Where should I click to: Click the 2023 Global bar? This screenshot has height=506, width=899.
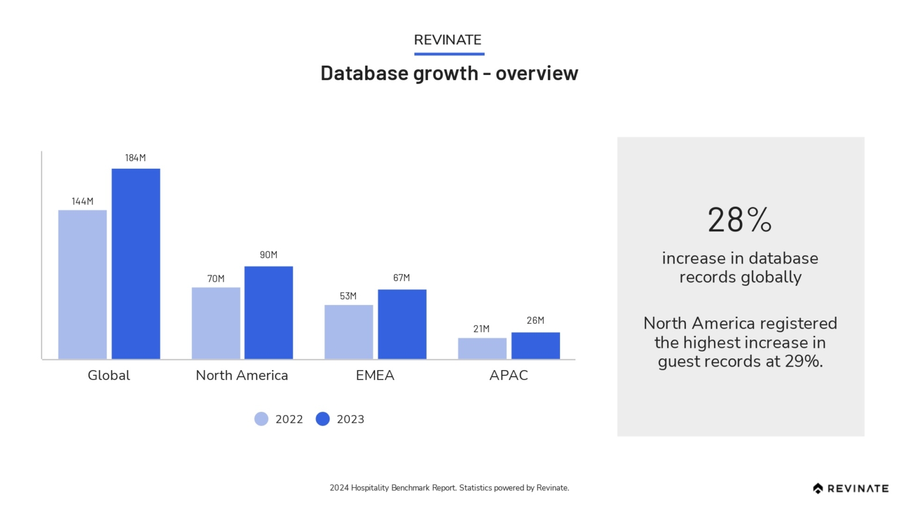pyautogui.click(x=136, y=264)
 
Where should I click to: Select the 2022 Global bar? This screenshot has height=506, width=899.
pyautogui.click(x=83, y=285)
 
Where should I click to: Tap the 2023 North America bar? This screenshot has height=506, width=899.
pyautogui.click(x=269, y=313)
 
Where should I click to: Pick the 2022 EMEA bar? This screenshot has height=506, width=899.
pyautogui.click(x=349, y=332)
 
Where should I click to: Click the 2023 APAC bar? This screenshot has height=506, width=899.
pyautogui.click(x=536, y=346)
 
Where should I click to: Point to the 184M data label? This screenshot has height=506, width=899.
pyautogui.click(x=135, y=158)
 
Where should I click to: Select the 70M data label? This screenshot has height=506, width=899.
pyautogui.click(x=216, y=279)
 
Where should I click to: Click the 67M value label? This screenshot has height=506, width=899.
pyautogui.click(x=402, y=278)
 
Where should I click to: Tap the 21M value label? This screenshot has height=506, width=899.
pyautogui.click(x=481, y=329)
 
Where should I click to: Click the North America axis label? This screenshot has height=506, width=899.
pyautogui.click(x=242, y=375)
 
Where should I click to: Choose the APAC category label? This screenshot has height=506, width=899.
pyautogui.click(x=509, y=375)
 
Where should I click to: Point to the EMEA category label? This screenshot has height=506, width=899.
pyautogui.click(x=375, y=375)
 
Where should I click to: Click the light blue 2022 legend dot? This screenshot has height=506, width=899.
pyautogui.click(x=261, y=419)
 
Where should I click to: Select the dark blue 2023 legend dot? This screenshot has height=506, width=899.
pyautogui.click(x=322, y=419)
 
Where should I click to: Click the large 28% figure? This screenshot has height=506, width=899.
pyautogui.click(x=740, y=220)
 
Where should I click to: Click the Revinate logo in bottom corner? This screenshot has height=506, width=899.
pyautogui.click(x=850, y=488)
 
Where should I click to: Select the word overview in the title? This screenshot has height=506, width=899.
pyautogui.click(x=537, y=73)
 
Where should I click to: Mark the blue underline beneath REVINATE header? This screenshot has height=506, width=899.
pyautogui.click(x=449, y=54)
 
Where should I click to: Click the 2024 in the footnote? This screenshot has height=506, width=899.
pyautogui.click(x=339, y=488)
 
